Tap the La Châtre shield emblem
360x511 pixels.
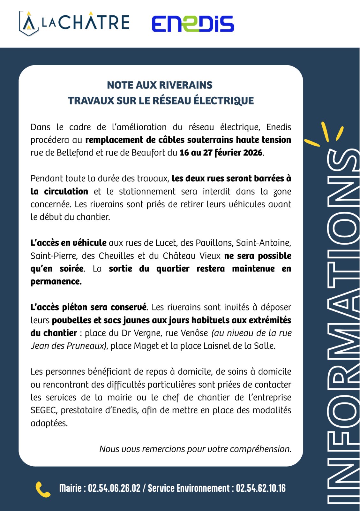[29, 23]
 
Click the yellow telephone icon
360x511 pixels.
[43, 489]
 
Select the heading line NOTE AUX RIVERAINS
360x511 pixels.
[160, 85]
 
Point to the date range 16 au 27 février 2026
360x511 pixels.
[221, 153]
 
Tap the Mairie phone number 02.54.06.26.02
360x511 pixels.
[114, 488]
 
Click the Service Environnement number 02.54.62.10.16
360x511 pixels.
[261, 488]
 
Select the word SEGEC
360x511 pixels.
[44, 410]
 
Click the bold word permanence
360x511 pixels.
[56, 282]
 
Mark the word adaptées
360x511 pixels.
[49, 423]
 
